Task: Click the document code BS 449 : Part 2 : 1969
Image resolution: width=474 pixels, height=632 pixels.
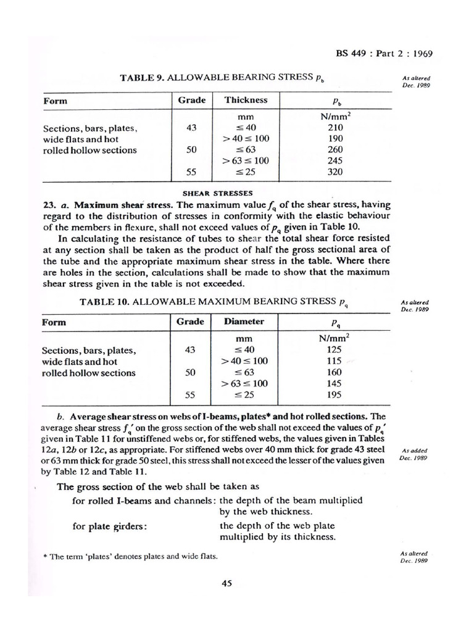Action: tap(384, 53)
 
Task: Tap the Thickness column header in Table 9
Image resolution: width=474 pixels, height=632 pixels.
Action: tap(246, 100)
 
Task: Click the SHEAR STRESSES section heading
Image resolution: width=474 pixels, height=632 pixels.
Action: tap(217, 193)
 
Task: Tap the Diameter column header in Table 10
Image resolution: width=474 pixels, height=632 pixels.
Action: tap(244, 322)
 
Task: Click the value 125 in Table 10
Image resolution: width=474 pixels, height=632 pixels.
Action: tap(334, 350)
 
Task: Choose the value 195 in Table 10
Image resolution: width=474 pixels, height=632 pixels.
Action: tap(334, 394)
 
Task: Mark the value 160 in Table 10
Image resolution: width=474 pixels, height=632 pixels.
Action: tap(334, 372)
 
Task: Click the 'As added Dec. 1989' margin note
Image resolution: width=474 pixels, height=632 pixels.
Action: tap(415, 454)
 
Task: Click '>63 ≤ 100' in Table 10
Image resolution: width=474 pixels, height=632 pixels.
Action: tap(246, 383)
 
